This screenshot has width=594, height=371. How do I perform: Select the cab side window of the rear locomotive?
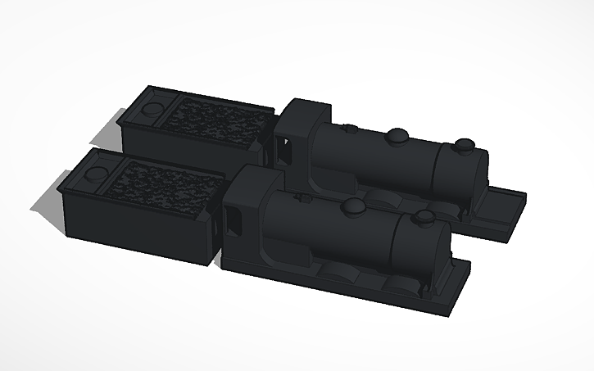click(x=285, y=150)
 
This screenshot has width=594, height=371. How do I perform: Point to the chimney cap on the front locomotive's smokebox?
click(x=424, y=217)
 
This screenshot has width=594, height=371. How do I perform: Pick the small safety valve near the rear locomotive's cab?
click(x=350, y=128)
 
